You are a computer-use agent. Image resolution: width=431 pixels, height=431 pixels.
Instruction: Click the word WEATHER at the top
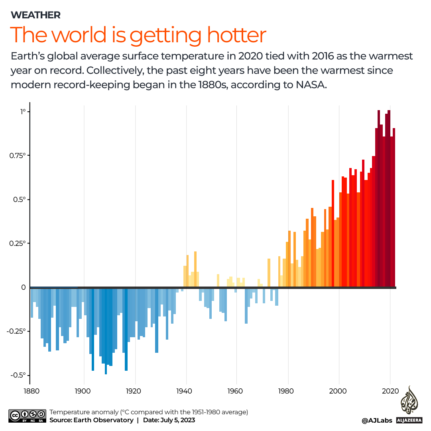coord(35,15)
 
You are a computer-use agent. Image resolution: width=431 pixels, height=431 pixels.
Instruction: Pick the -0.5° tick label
coord(18,375)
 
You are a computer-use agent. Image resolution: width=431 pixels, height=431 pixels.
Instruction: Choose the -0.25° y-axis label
coord(17,331)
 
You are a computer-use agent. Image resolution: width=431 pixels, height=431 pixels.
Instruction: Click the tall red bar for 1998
coord(333,233)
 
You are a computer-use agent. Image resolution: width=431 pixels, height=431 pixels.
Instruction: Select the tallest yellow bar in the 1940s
coord(195,269)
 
